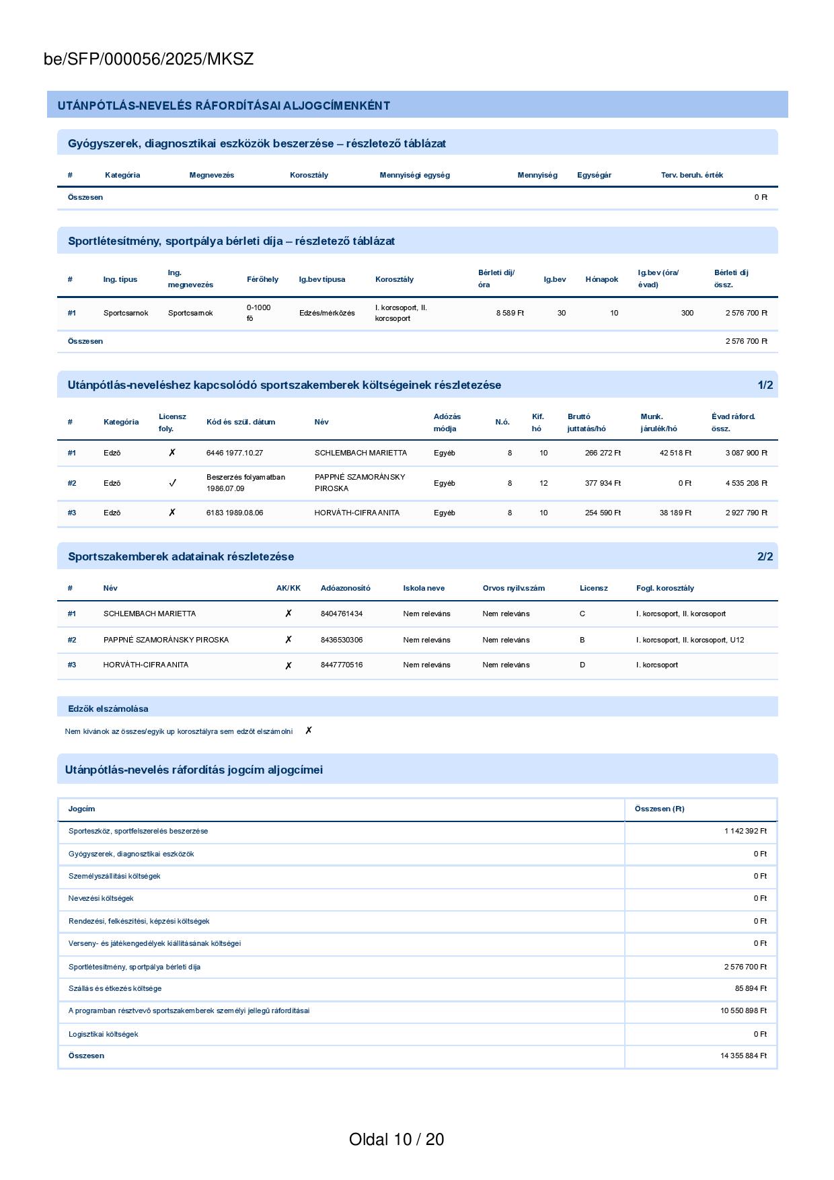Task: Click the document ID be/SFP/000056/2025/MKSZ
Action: click(x=149, y=59)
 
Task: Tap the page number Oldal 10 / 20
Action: click(x=396, y=1139)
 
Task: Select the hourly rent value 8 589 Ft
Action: click(x=510, y=313)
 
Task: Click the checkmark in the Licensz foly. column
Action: click(x=172, y=483)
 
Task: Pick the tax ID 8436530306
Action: click(x=342, y=640)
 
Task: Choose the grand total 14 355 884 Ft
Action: click(x=743, y=1056)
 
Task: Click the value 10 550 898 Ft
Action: click(x=743, y=1010)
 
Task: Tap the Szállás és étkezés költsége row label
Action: click(x=115, y=988)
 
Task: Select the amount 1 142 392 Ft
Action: click(x=745, y=831)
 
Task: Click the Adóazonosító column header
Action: click(x=345, y=588)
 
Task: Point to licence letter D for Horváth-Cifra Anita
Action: click(x=582, y=665)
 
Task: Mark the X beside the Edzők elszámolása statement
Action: click(x=309, y=731)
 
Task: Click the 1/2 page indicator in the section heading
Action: click(x=765, y=385)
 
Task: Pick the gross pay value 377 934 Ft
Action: click(x=603, y=483)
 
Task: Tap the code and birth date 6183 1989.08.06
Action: click(x=235, y=513)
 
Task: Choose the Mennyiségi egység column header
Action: click(x=414, y=175)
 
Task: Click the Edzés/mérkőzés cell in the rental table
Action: click(x=327, y=313)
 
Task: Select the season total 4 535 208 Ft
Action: click(x=746, y=483)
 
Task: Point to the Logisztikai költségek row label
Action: click(x=103, y=1034)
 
